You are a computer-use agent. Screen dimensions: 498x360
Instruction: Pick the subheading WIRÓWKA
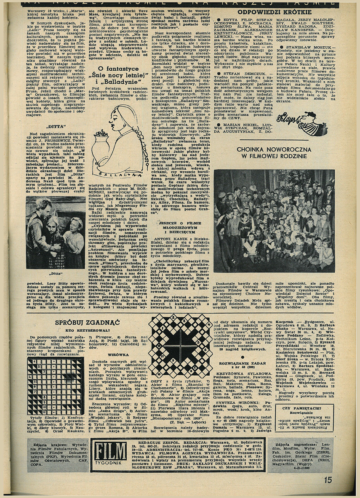point(119,354)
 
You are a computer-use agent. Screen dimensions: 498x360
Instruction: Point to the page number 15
point(328,480)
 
